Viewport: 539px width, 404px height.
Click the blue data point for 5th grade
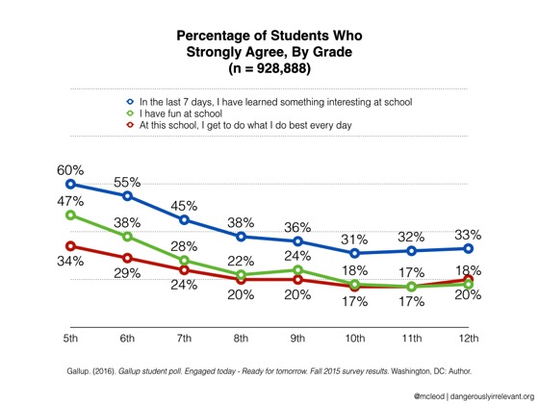pos(70,184)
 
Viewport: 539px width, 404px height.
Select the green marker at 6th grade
pos(127,237)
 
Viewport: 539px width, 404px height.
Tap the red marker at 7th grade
pos(184,270)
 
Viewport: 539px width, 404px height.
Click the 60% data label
pos(69,169)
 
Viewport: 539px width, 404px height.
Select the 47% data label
pos(69,201)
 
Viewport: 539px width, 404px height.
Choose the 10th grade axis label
pos(354,341)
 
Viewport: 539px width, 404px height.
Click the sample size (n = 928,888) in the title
pos(269,69)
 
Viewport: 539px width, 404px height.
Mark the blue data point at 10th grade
pos(355,253)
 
